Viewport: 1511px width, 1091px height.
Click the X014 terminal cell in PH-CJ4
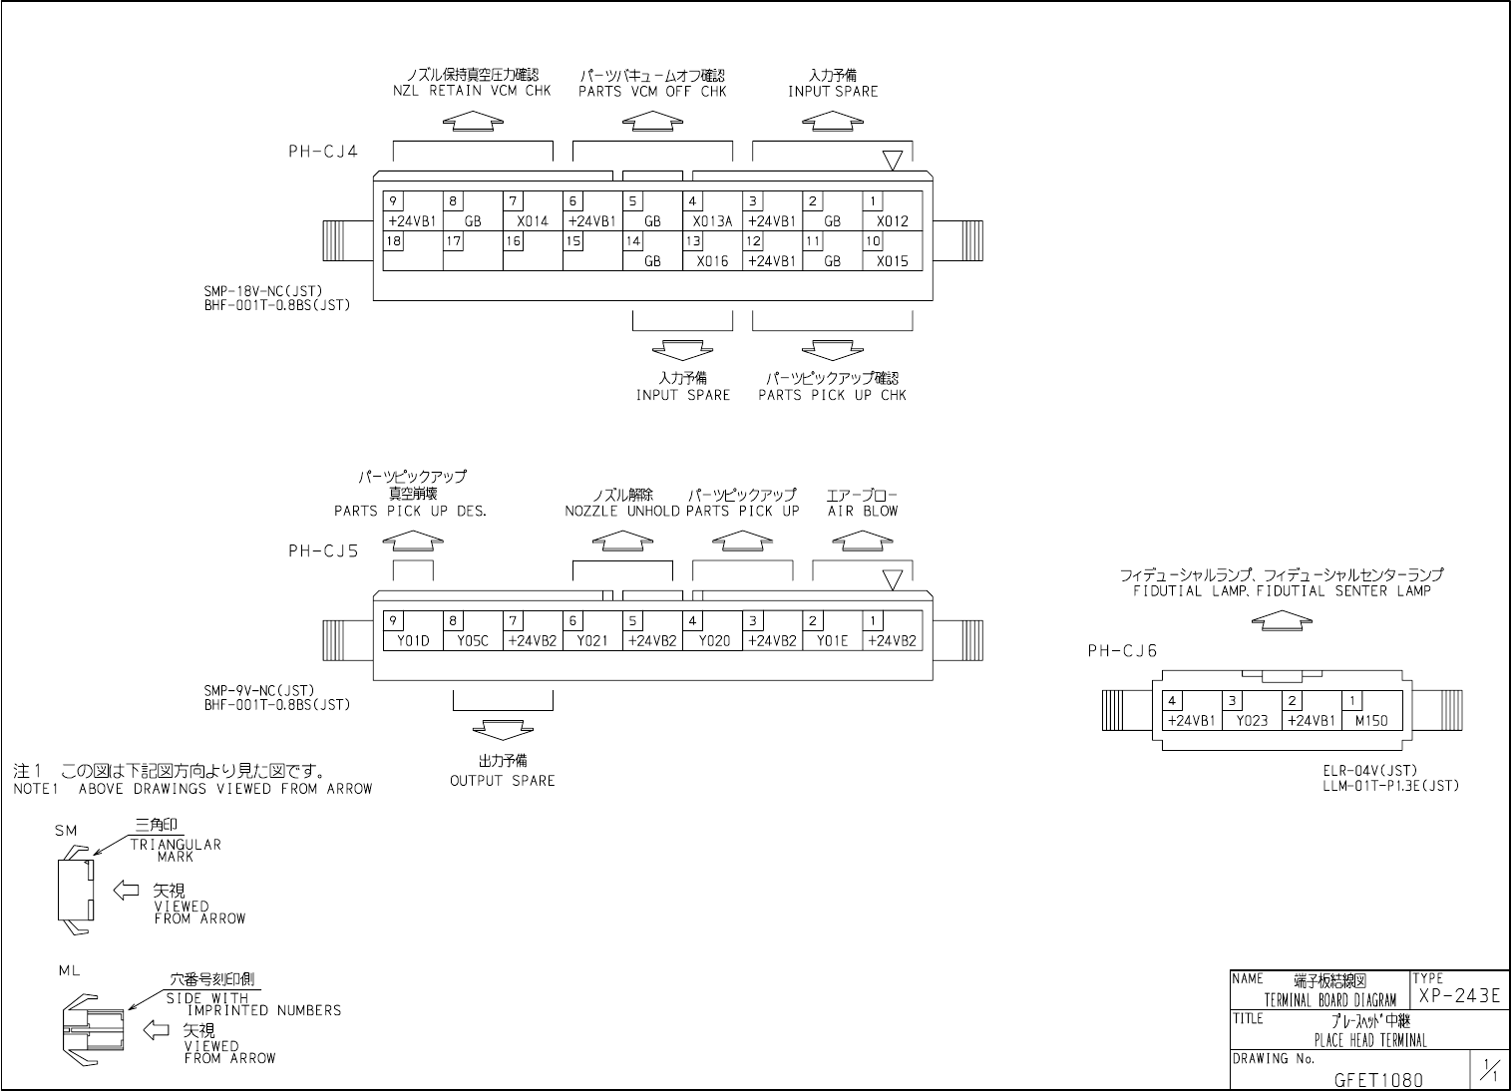533,221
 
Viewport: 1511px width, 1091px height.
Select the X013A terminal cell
712,221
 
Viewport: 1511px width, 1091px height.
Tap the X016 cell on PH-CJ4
712,261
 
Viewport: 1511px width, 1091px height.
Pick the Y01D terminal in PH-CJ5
412,640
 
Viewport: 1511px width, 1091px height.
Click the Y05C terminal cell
473,640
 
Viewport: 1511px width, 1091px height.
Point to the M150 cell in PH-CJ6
1370,720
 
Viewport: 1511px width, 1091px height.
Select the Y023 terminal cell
1251,720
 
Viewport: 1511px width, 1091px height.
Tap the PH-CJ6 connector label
1122,651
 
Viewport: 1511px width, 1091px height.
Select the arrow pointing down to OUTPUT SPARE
503,729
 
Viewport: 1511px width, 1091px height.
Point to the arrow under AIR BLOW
862,540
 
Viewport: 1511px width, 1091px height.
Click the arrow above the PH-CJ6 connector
1281,619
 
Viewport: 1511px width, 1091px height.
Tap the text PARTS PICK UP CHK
832,395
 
